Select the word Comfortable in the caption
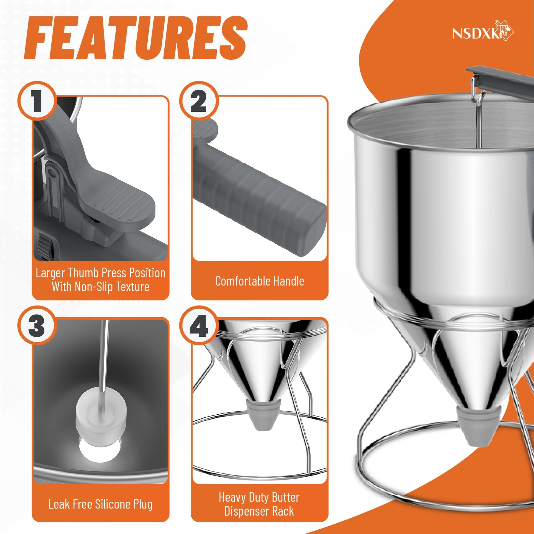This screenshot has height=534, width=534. coord(238,281)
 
